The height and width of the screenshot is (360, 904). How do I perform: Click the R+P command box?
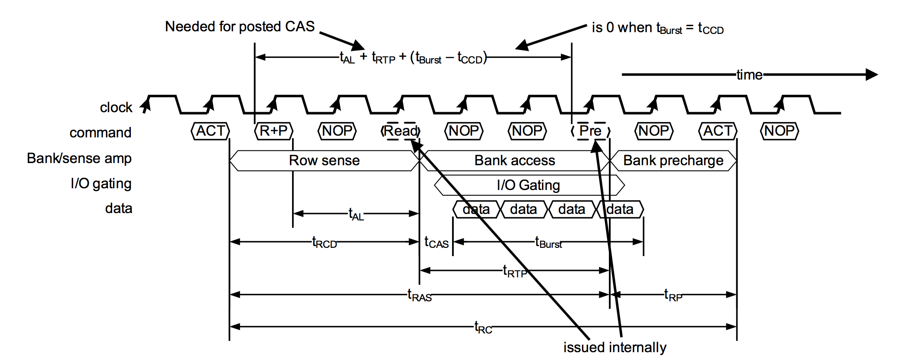point(273,131)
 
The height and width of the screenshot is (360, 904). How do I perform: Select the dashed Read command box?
point(401,131)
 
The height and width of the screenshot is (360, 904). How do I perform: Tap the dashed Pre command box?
point(590,131)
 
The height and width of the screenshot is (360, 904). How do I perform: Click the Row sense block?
point(324,160)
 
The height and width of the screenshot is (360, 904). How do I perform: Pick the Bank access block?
point(515,160)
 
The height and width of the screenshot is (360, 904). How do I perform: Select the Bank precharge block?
point(673,160)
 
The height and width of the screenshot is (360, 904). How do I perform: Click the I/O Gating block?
point(528,185)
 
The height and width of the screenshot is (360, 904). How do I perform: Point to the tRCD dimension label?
point(325,242)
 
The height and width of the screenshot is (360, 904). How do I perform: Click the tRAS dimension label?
point(419,295)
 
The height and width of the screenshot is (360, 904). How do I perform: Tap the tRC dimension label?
point(483,327)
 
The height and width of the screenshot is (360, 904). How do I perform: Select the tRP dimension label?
point(673,295)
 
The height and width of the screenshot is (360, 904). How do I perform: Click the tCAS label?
point(436,242)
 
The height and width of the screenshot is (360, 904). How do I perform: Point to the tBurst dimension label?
point(548,242)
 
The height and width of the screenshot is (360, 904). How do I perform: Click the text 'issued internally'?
point(615,347)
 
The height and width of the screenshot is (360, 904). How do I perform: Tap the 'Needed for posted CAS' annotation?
point(239,27)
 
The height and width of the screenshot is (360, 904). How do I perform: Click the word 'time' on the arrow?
point(749,75)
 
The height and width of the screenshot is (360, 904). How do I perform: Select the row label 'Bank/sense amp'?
point(79,158)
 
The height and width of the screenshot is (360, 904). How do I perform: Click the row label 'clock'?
point(116,107)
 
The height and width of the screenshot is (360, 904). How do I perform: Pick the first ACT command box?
point(210,131)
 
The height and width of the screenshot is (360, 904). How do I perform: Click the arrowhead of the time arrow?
point(871,75)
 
